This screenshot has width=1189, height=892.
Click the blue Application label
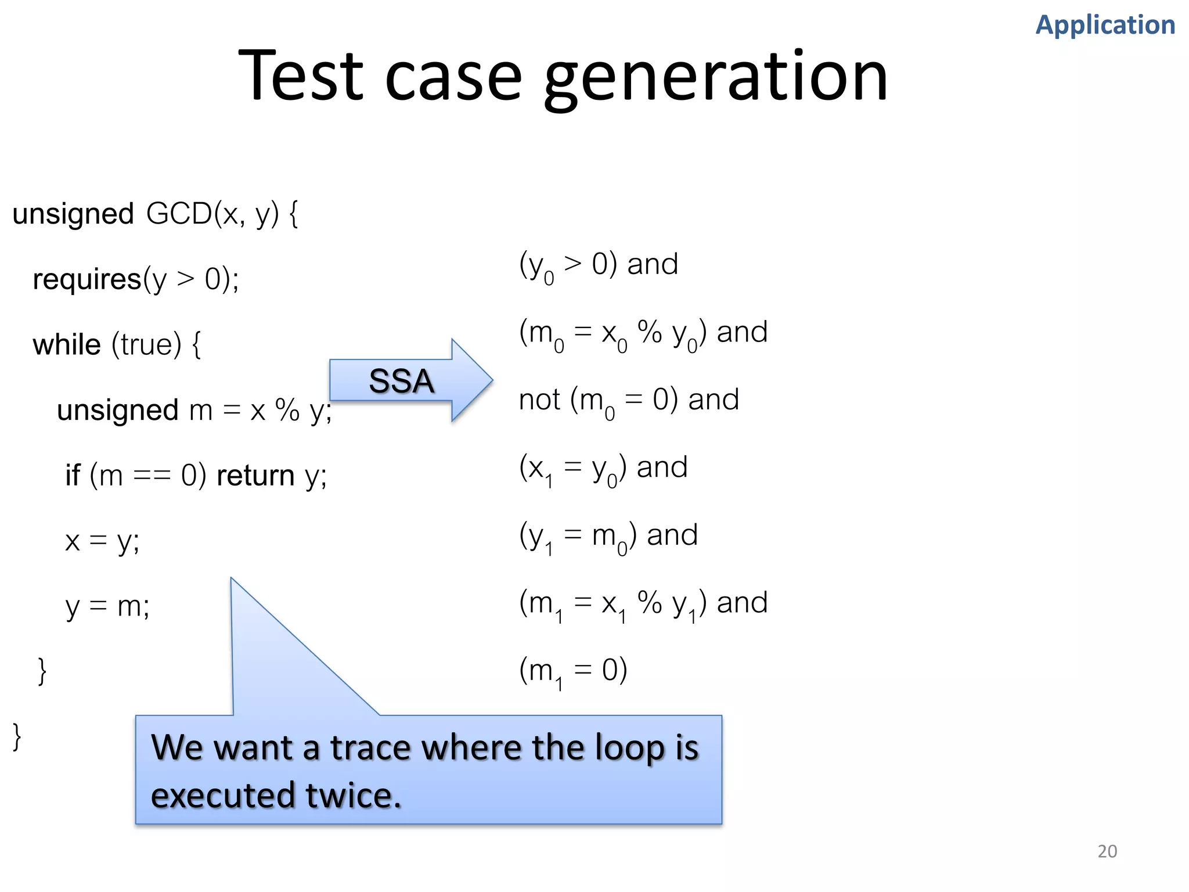1105,25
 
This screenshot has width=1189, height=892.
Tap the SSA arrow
402,381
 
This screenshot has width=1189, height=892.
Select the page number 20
1107,851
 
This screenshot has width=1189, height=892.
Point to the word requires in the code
87,279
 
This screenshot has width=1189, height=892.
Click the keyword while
66,345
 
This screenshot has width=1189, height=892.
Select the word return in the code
255,476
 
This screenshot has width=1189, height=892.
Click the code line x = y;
102,541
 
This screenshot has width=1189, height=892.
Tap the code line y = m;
107,607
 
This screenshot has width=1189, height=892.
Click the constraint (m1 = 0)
572,671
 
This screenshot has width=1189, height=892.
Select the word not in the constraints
539,400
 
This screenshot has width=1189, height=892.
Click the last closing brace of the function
17,737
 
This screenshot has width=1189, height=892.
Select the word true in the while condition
146,345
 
